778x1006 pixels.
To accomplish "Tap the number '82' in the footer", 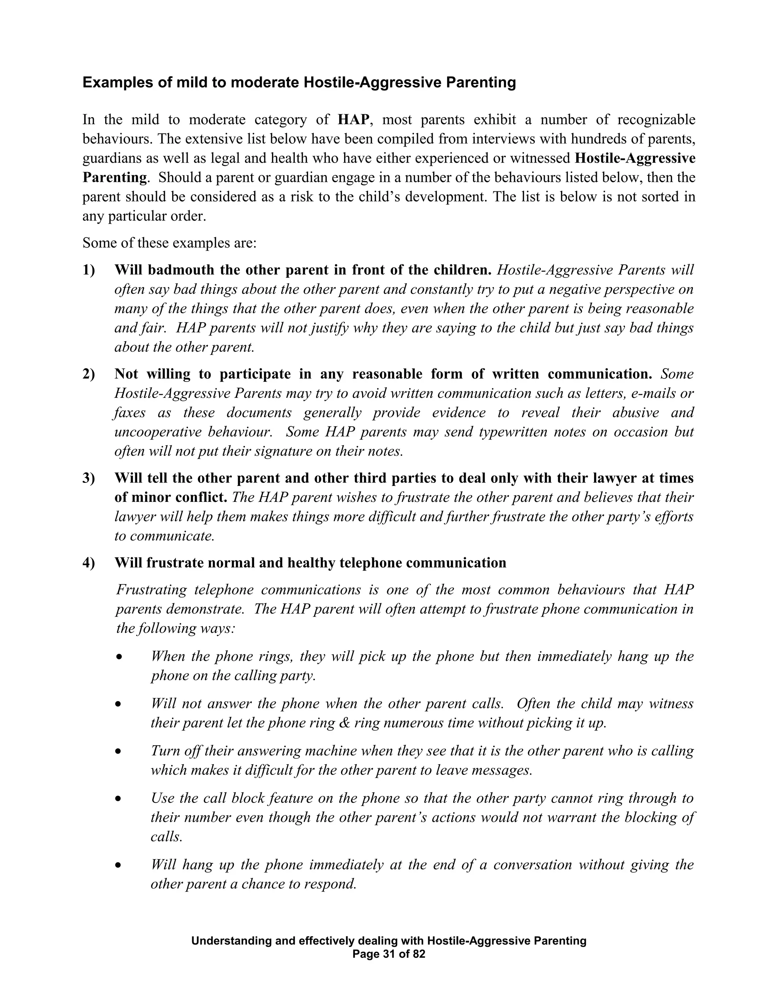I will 419,954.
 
